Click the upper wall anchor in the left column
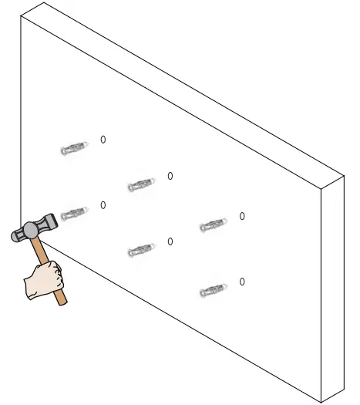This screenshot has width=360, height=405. point(72,148)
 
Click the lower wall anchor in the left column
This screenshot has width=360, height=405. point(72,213)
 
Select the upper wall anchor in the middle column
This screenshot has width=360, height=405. point(140,185)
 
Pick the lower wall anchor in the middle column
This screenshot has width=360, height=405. point(140,251)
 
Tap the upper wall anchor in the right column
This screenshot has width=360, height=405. point(212,225)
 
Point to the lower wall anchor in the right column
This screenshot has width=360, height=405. point(212,291)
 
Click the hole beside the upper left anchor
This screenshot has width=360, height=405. point(103,140)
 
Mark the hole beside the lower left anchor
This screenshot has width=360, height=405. point(103,205)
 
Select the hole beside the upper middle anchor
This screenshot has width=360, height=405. point(170,177)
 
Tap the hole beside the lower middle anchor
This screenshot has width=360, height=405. point(170,242)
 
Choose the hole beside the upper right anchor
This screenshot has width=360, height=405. point(242,217)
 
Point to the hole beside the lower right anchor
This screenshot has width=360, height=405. point(242,282)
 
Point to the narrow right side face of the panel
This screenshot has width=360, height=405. point(333,285)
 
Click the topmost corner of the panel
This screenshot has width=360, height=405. point(44,2)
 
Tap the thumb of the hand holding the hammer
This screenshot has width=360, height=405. point(54,268)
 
